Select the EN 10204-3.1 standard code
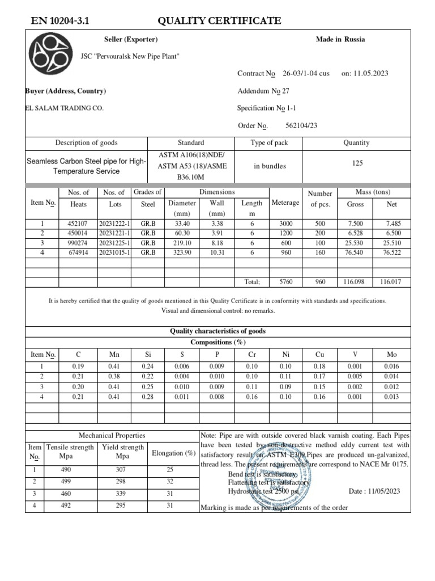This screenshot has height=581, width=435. tap(59, 22)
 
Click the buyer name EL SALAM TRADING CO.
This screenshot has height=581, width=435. tap(65, 108)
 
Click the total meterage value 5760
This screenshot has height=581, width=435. tap(285, 281)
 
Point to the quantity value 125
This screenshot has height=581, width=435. tap(357, 163)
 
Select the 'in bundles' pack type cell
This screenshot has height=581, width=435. tap(270, 166)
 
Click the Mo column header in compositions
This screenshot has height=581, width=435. tap(392, 355)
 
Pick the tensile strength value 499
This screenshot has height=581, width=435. tap(66, 481)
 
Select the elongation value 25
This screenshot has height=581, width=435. tap(169, 470)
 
